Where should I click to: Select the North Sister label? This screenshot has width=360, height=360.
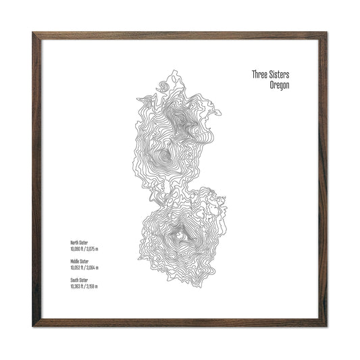79,242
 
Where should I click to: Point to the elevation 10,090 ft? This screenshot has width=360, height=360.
76,249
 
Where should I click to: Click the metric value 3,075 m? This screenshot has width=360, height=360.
92,249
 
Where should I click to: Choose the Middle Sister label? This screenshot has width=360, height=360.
79,261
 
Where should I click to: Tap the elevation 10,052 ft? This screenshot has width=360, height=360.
76,267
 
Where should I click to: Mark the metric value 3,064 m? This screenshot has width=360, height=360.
92,267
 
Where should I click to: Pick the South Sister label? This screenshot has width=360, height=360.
79,280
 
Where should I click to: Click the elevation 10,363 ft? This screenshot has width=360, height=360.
76,286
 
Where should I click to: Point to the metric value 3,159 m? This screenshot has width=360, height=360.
92,286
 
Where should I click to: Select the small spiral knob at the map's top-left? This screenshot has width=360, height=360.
161,87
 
